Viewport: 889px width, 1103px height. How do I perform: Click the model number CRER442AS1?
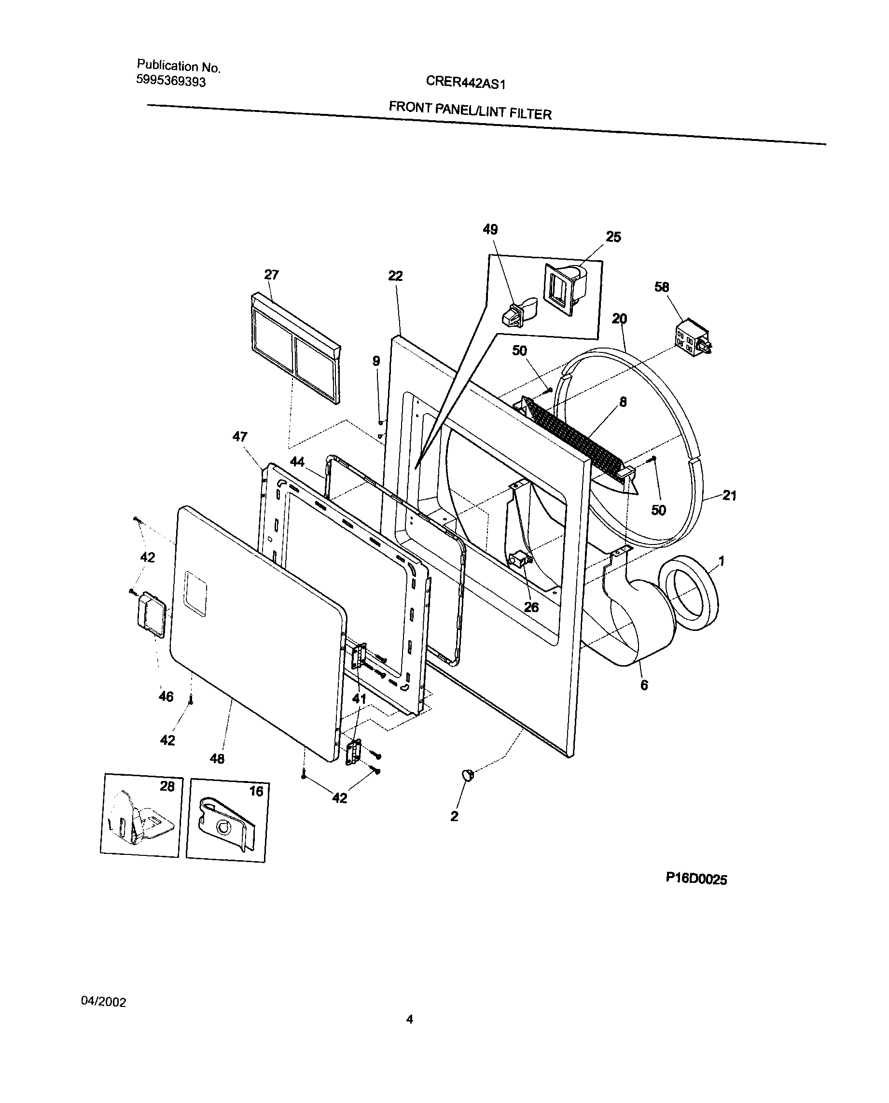click(466, 82)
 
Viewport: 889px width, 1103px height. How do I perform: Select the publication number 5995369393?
click(170, 81)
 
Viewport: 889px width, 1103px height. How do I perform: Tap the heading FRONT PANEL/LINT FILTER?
click(470, 110)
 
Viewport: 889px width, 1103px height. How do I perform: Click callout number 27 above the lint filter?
click(271, 275)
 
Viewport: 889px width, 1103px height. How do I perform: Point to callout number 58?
click(662, 287)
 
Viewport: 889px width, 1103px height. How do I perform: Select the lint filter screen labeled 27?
click(295, 348)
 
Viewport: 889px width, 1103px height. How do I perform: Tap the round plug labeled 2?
click(468, 775)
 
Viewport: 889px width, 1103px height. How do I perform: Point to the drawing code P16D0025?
click(696, 879)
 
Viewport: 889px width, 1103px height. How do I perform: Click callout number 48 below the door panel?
click(217, 759)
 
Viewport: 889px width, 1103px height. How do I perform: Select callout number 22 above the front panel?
click(395, 277)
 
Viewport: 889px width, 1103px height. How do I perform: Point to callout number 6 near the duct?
click(644, 685)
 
